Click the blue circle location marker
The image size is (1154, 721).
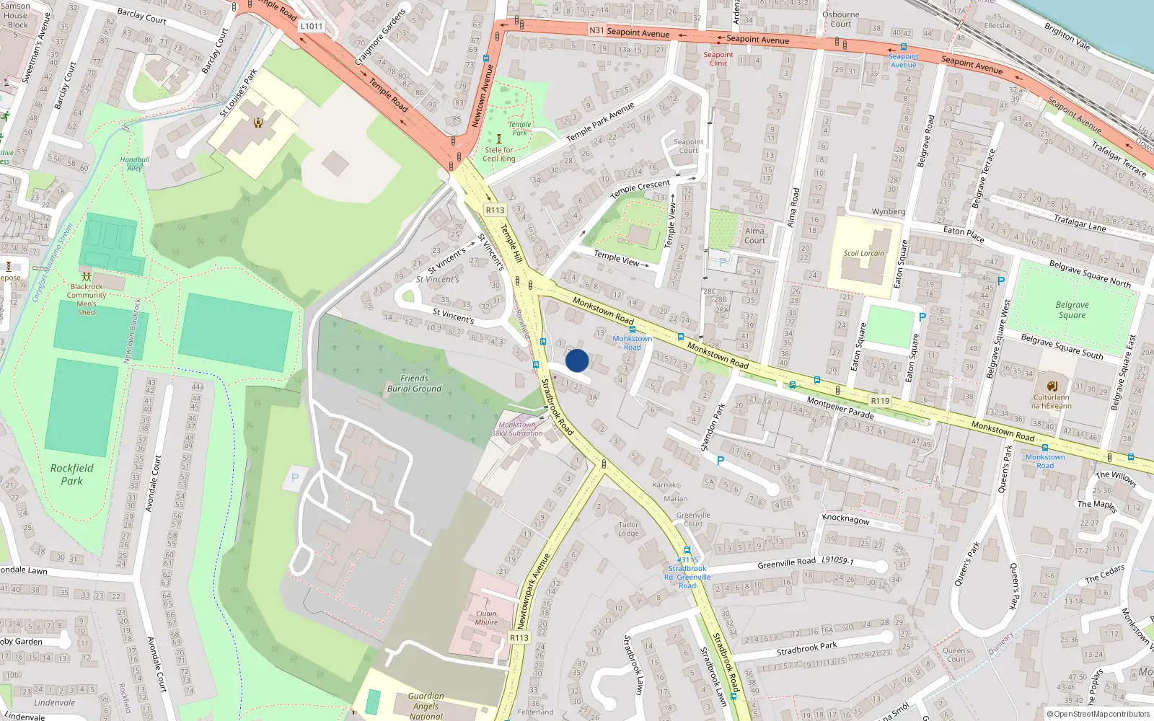(577, 360)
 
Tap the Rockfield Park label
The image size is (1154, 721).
(71, 474)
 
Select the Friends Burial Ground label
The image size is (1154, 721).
(414, 384)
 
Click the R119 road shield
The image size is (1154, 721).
(880, 401)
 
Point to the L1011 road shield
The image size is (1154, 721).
(312, 26)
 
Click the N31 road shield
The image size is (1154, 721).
(596, 30)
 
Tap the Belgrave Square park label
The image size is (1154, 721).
(1072, 310)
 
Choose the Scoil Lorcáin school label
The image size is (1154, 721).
(864, 253)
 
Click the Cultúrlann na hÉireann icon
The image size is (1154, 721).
(1052, 386)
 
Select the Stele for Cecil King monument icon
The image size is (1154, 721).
(498, 138)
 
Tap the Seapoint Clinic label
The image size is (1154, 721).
(718, 58)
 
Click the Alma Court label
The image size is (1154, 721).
(754, 236)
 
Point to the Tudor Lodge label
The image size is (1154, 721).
(628, 529)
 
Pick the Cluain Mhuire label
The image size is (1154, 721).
(486, 618)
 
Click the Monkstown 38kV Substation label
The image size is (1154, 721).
(517, 429)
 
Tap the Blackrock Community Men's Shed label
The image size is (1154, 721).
(87, 299)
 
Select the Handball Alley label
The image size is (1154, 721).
(135, 164)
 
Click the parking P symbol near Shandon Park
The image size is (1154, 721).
(720, 461)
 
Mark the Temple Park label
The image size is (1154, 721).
(519, 128)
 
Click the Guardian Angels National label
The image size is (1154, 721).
(426, 706)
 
